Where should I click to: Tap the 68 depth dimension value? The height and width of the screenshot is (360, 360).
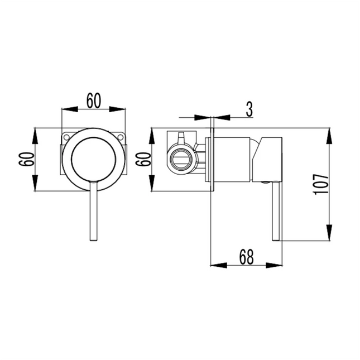[x=246, y=256]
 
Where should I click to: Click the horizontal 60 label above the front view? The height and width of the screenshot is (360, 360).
[x=93, y=100]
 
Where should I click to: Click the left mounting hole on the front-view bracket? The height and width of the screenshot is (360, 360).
[x=66, y=136]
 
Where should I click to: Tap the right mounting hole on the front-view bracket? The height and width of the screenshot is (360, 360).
[x=121, y=136]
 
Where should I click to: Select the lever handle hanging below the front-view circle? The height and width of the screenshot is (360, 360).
[x=93, y=212]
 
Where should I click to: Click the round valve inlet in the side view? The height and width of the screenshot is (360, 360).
[x=181, y=158]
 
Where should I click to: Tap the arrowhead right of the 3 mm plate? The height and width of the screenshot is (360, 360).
[x=219, y=118]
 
